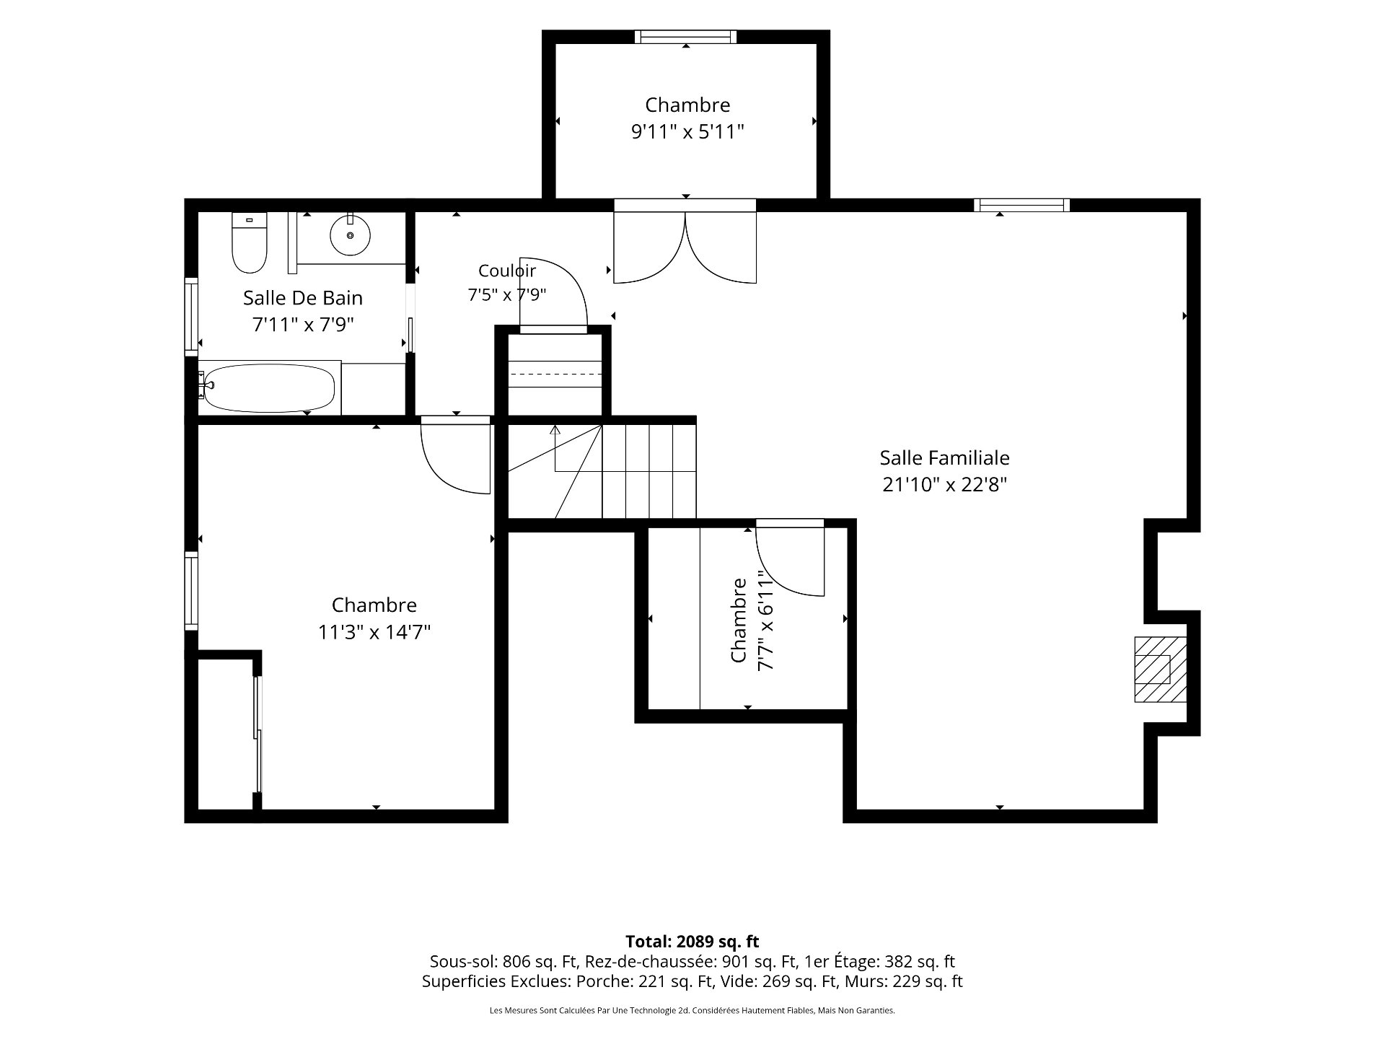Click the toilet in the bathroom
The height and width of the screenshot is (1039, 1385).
point(249,243)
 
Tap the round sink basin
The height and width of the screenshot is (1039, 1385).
point(351,234)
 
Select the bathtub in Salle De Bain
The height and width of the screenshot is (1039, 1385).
point(268,387)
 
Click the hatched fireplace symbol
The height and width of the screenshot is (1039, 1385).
point(1160,669)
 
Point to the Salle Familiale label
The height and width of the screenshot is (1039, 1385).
point(944,457)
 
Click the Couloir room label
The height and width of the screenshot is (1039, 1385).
point(507,271)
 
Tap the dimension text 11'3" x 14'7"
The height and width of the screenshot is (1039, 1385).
point(374,632)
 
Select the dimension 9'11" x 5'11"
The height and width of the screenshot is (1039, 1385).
point(687,132)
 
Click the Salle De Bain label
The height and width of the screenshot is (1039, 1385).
point(303,297)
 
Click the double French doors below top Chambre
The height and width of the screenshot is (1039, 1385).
point(685,245)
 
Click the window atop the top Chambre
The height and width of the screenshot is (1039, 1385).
point(685,36)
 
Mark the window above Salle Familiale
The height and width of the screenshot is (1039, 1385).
point(1021,205)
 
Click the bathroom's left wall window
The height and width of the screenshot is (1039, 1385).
point(191,315)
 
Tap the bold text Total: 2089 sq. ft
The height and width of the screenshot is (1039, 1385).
point(692,942)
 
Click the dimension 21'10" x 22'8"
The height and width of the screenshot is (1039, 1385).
point(944,484)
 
